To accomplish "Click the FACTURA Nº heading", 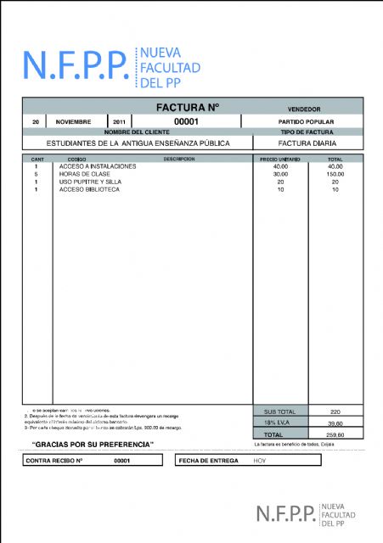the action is pos(188,108).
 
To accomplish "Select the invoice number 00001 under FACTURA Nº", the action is pos(186,121).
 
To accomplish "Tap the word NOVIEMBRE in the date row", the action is pos(73,121).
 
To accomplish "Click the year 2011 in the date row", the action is pos(118,121).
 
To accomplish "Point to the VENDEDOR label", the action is pos(303,109).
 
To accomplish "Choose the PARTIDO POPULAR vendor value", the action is pos(303,121).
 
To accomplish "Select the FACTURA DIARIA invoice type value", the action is pos(303,143).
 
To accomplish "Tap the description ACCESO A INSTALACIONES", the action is pos(98,166).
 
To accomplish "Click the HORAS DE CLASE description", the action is pos(85,174).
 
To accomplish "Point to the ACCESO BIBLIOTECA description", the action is pos(89,189).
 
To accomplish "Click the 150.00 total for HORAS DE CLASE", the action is pos(335,174).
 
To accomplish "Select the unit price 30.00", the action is pos(280,174).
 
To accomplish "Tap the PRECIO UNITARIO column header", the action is pos(279,159).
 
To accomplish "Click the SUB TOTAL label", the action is pos(280,411).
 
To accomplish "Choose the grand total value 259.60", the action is pos(335,434).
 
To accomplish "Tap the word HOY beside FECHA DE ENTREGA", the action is pos(260,460).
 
